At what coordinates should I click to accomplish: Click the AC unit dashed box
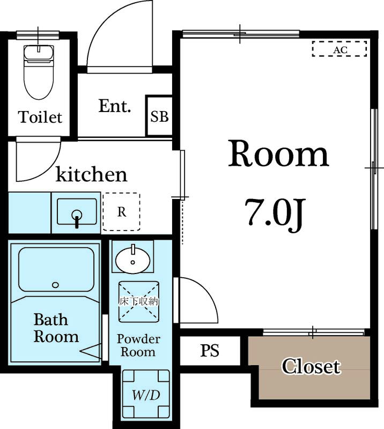pyautogui.click(x=339, y=49)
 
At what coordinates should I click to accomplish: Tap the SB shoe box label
pyautogui.click(x=159, y=116)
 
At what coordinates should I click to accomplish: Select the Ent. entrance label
pyautogui.click(x=114, y=106)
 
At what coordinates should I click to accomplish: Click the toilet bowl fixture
pyautogui.click(x=39, y=72)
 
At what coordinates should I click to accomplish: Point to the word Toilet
pyautogui.click(x=40, y=117)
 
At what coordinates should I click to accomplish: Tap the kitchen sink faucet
pyautogui.click(x=77, y=218)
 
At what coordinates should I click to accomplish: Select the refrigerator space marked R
pyautogui.click(x=122, y=212)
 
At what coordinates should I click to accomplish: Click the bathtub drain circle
pyautogui.click(x=55, y=285)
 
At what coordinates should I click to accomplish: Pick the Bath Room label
pyautogui.click(x=56, y=328)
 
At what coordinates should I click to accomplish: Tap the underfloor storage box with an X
pyautogui.click(x=138, y=301)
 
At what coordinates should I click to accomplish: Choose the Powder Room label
pyautogui.click(x=138, y=345)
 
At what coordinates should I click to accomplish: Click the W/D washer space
pyautogui.click(x=146, y=394)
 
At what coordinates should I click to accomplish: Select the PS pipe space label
pyautogui.click(x=210, y=351)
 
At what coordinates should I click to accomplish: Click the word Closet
pyautogui.click(x=312, y=366)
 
